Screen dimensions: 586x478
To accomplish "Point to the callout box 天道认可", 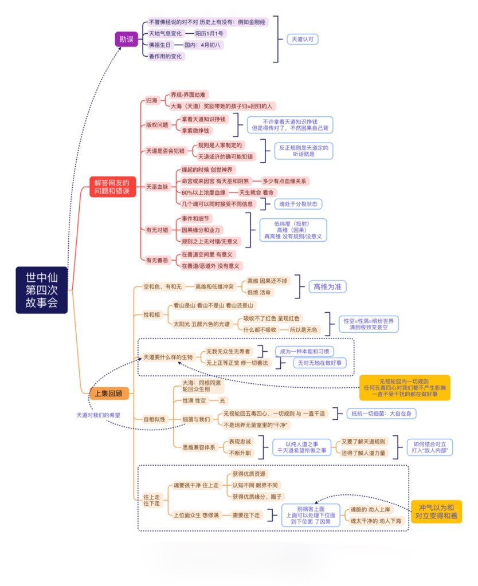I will [x=302, y=39].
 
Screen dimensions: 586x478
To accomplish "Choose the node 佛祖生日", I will [x=159, y=45].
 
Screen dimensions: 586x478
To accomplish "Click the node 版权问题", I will [x=156, y=125].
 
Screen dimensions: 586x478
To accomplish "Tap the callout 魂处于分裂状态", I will [x=298, y=203].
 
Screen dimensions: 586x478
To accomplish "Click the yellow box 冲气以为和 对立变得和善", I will [x=436, y=512].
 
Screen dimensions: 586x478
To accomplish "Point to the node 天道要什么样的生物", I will [x=168, y=357].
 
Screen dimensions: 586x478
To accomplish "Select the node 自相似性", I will [x=155, y=419].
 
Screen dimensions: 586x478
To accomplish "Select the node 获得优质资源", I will [x=249, y=474].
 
